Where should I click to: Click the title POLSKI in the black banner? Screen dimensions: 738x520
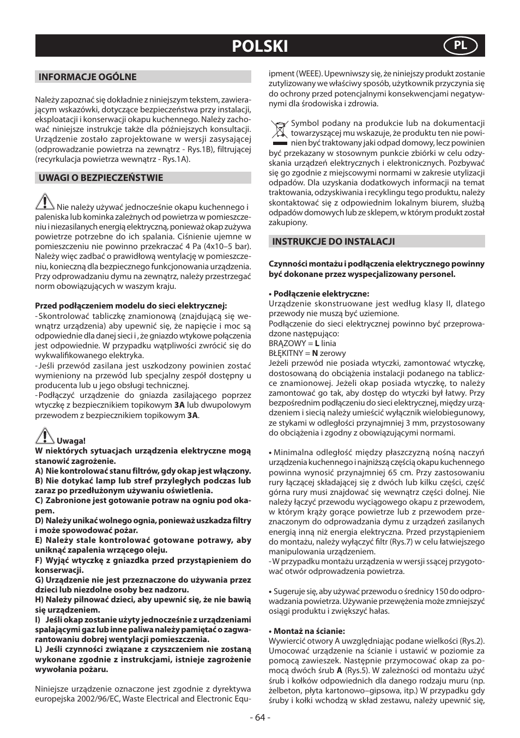(x=259, y=46)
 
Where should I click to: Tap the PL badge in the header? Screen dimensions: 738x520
(x=461, y=46)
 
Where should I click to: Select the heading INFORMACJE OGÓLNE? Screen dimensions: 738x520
(x=87, y=77)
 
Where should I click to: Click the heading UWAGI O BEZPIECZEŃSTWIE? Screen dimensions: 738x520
(x=100, y=178)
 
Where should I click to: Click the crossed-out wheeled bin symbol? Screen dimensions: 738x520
(x=279, y=131)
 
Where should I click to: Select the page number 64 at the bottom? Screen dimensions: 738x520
(x=260, y=717)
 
